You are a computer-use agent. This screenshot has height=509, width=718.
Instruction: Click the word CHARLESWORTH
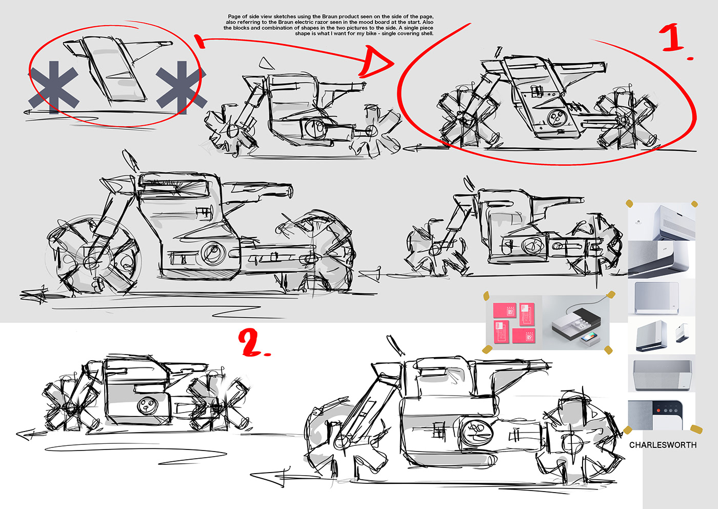coord(663,445)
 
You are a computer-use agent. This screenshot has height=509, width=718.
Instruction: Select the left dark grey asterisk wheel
coord(53,87)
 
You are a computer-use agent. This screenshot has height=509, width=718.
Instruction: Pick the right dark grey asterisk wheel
coord(182,87)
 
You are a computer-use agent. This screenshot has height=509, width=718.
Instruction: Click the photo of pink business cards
coord(514,322)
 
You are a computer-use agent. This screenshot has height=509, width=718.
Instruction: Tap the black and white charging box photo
coord(575,322)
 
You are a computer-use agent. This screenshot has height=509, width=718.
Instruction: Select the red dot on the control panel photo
coord(659,410)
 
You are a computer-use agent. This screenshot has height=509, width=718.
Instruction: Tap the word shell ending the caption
coord(426,33)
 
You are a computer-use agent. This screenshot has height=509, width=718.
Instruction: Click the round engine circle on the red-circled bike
coord(557,118)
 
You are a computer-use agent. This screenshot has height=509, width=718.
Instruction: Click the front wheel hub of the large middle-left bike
coord(92,261)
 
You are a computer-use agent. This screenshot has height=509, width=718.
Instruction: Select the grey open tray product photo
coord(662,375)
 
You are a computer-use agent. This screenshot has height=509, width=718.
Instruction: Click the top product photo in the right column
coord(662,222)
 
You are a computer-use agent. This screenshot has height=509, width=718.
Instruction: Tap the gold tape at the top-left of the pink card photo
coord(486,296)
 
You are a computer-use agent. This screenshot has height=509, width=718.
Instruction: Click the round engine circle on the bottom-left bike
coord(146,406)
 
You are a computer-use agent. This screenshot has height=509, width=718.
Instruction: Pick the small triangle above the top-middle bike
coord(266,64)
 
